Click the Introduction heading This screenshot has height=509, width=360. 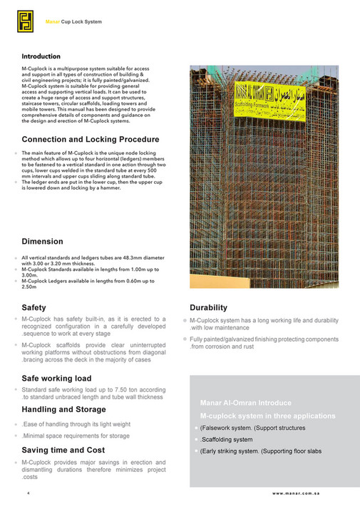(41, 56)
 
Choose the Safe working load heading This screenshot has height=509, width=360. (56, 378)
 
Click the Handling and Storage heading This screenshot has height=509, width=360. (63, 410)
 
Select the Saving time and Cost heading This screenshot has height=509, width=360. (63, 450)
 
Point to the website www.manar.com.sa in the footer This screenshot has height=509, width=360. (306, 493)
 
